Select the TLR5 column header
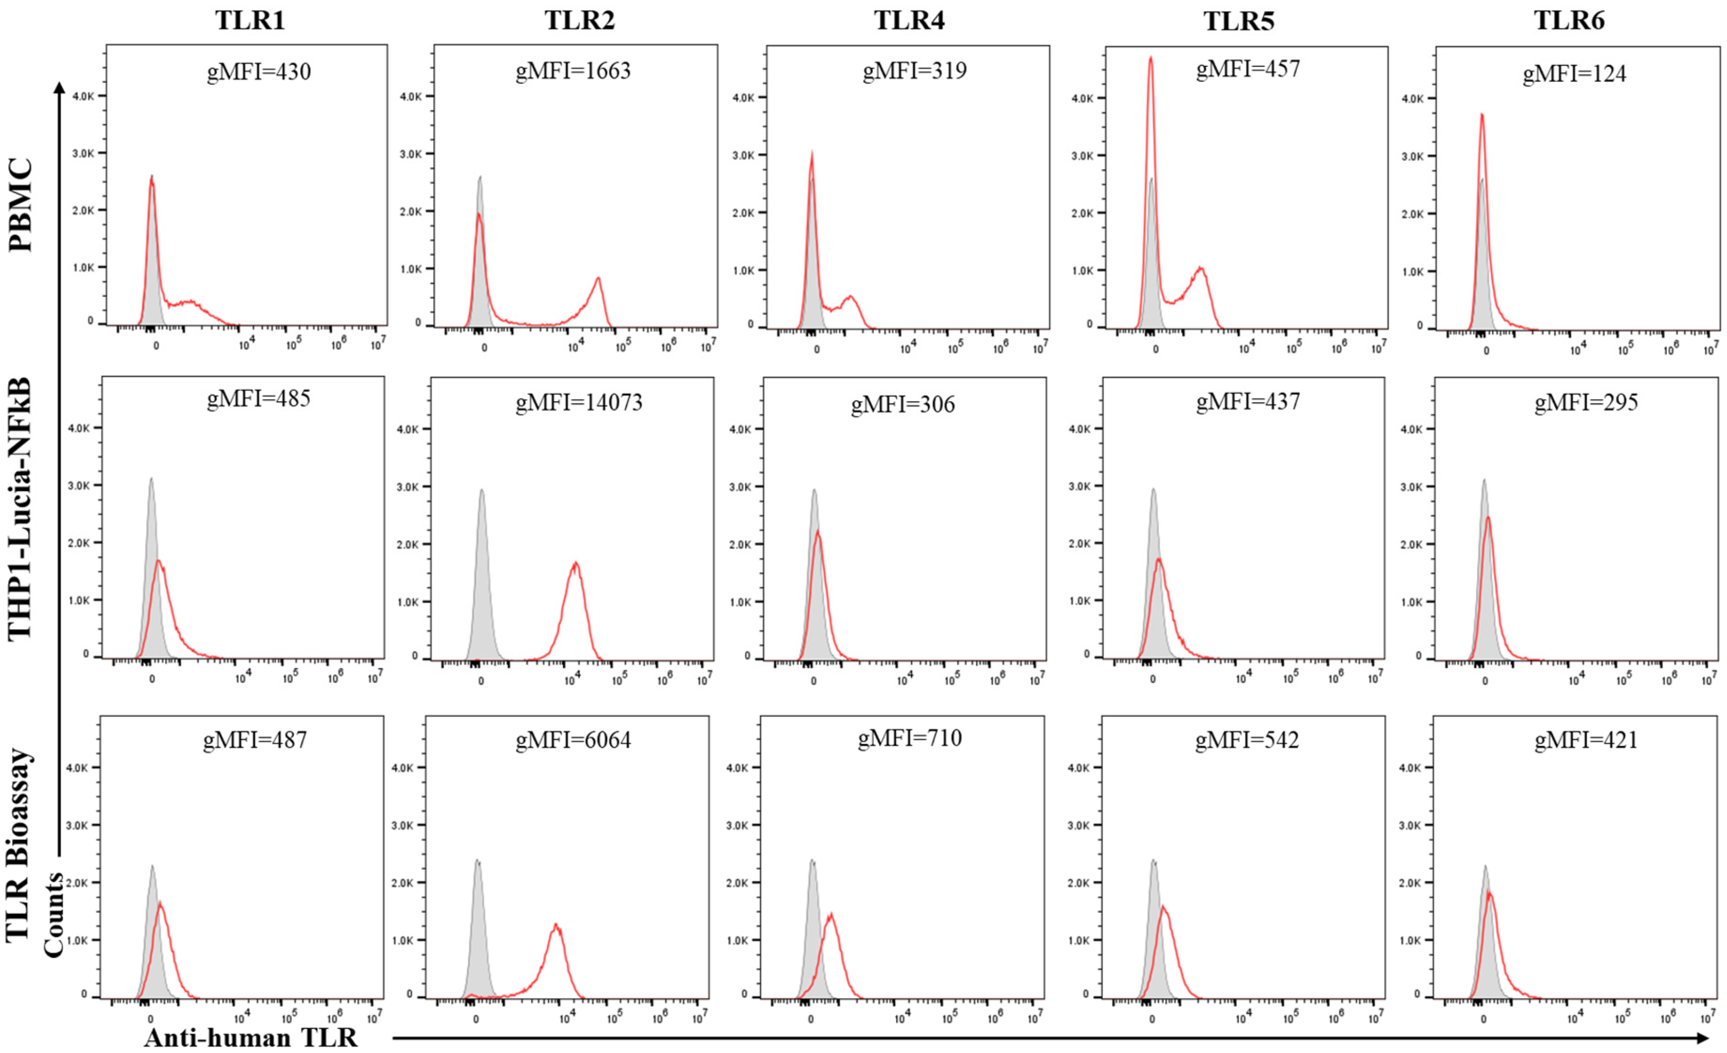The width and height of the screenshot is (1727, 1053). [1238, 21]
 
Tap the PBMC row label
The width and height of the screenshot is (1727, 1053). [21, 205]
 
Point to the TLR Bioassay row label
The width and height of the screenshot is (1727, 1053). [19, 845]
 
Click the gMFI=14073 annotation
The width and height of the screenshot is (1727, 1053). [579, 403]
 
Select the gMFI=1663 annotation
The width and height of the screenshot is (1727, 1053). [574, 71]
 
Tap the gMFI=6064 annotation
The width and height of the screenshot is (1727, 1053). [574, 740]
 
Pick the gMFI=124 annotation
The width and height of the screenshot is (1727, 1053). [1574, 74]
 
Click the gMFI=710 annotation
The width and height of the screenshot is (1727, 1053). [910, 738]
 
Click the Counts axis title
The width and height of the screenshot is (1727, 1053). [54, 915]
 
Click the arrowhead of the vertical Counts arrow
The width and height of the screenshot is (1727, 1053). [59, 88]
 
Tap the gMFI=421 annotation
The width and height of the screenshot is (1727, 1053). [1585, 740]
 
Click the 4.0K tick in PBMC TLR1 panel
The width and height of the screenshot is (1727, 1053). [83, 96]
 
